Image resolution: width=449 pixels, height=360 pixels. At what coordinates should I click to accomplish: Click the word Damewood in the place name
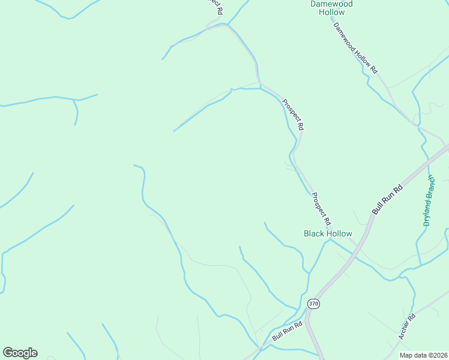point(331,4)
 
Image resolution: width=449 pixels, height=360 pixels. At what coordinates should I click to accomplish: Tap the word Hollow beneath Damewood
point(331,12)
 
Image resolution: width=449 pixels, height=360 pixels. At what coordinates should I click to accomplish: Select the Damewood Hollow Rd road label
point(355,48)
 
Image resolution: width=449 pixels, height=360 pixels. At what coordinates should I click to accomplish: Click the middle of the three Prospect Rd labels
point(294,115)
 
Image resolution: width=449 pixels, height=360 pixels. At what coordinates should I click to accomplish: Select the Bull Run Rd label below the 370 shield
point(286,331)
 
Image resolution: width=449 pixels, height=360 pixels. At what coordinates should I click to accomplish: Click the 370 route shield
point(313,304)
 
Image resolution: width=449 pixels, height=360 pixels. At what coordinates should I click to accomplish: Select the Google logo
point(20,353)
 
